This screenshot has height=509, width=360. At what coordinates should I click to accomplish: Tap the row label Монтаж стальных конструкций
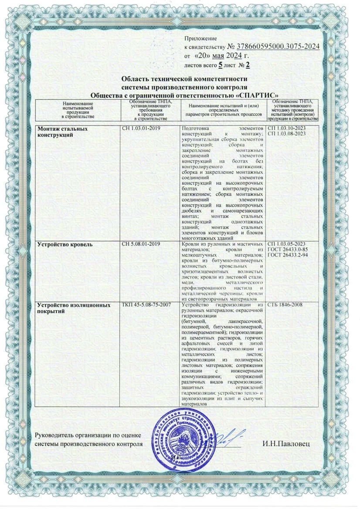pos(59,132)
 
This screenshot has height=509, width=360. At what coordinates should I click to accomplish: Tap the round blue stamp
pos(185,441)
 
